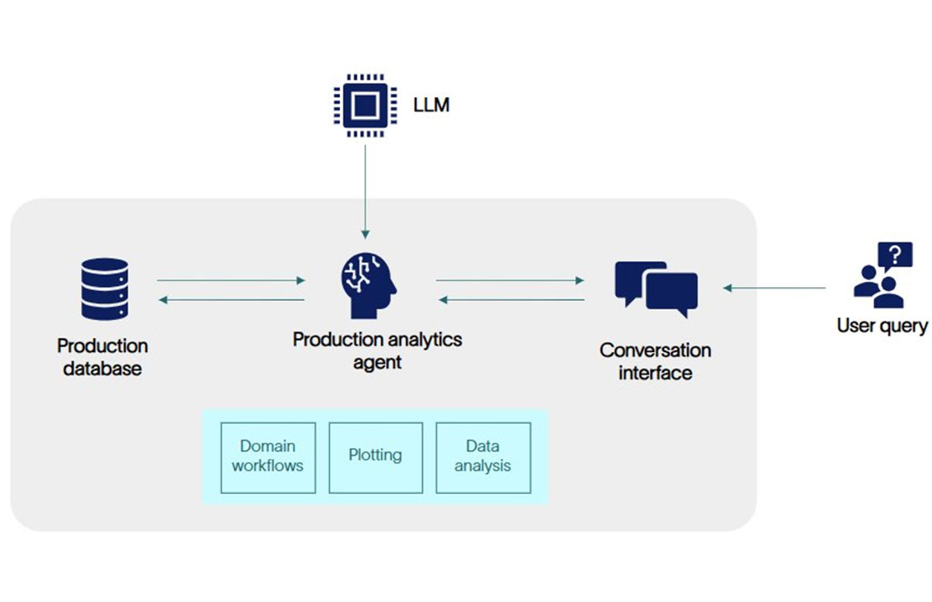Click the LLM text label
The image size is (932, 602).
point(431,106)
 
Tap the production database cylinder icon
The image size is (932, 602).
point(105,289)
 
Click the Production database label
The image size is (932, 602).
point(103,357)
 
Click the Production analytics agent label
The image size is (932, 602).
point(378,350)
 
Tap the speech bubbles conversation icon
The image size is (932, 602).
point(657,289)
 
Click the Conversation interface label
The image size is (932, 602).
point(656,361)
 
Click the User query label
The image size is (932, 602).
point(882,326)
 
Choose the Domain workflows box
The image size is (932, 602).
point(267,457)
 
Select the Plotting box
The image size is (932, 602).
point(375,457)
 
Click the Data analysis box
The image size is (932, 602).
point(482,457)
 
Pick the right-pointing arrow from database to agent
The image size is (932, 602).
point(231,280)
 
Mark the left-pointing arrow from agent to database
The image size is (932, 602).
point(231,299)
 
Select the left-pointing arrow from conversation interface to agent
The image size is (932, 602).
point(511,299)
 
